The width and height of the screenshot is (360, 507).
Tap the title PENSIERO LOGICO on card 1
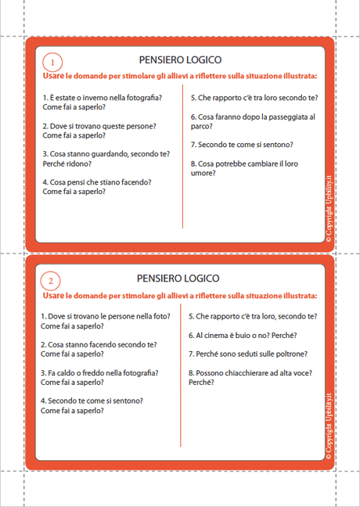179,59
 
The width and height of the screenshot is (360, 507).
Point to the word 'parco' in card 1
200,126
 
